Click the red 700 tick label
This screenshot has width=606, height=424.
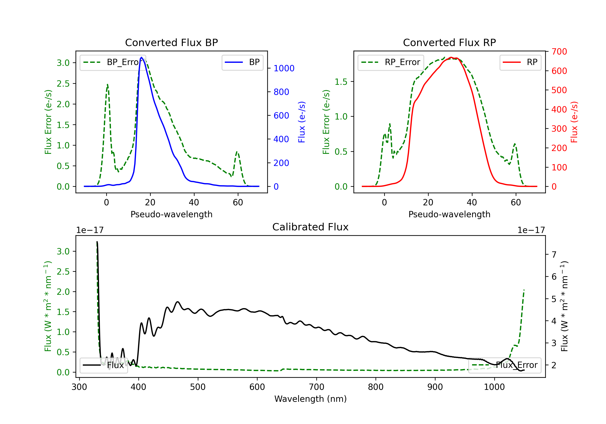[x=559, y=52]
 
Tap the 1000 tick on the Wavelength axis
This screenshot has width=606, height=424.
[x=494, y=387]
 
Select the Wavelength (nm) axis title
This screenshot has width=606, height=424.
[x=310, y=399]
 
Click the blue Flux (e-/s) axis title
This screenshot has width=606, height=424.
[x=302, y=122]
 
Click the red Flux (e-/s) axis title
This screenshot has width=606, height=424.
[x=574, y=122]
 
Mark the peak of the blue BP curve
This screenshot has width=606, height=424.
[x=141, y=57]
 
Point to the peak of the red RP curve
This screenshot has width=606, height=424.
[x=451, y=57]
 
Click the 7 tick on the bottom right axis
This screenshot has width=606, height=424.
[x=554, y=255]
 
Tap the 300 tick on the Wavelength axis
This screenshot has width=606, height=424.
[x=79, y=387]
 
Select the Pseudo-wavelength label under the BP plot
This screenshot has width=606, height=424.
[x=171, y=214]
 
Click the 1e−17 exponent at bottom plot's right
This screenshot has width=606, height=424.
[x=531, y=230]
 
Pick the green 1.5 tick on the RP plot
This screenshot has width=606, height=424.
[x=341, y=82]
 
